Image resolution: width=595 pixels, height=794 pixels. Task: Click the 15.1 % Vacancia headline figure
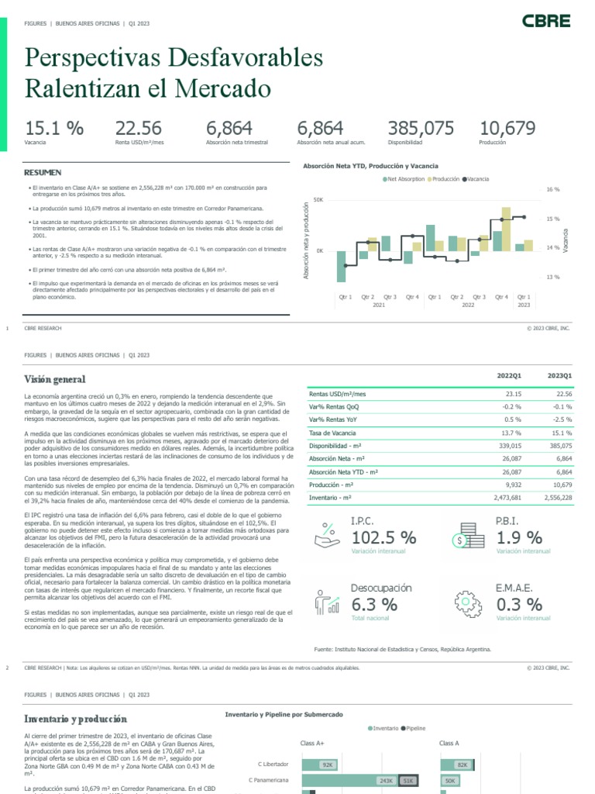tap(54, 129)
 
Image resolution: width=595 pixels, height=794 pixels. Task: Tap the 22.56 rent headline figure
tap(139, 129)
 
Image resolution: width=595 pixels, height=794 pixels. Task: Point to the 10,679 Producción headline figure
tap(507, 129)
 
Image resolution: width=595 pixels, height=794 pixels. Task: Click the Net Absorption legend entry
tap(404, 179)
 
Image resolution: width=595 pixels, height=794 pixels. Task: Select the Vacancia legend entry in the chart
tap(476, 179)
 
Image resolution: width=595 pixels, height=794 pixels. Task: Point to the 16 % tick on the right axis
tap(552, 189)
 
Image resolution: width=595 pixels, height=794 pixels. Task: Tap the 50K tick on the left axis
tap(318, 199)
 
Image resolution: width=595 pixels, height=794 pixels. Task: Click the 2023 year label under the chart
tap(524, 306)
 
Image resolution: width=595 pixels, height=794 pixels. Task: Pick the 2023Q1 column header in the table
tap(559, 375)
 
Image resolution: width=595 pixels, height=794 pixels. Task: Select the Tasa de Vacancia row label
tap(332, 433)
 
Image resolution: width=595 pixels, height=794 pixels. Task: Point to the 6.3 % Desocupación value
tap(375, 604)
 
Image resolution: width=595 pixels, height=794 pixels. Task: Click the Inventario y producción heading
tap(76, 719)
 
